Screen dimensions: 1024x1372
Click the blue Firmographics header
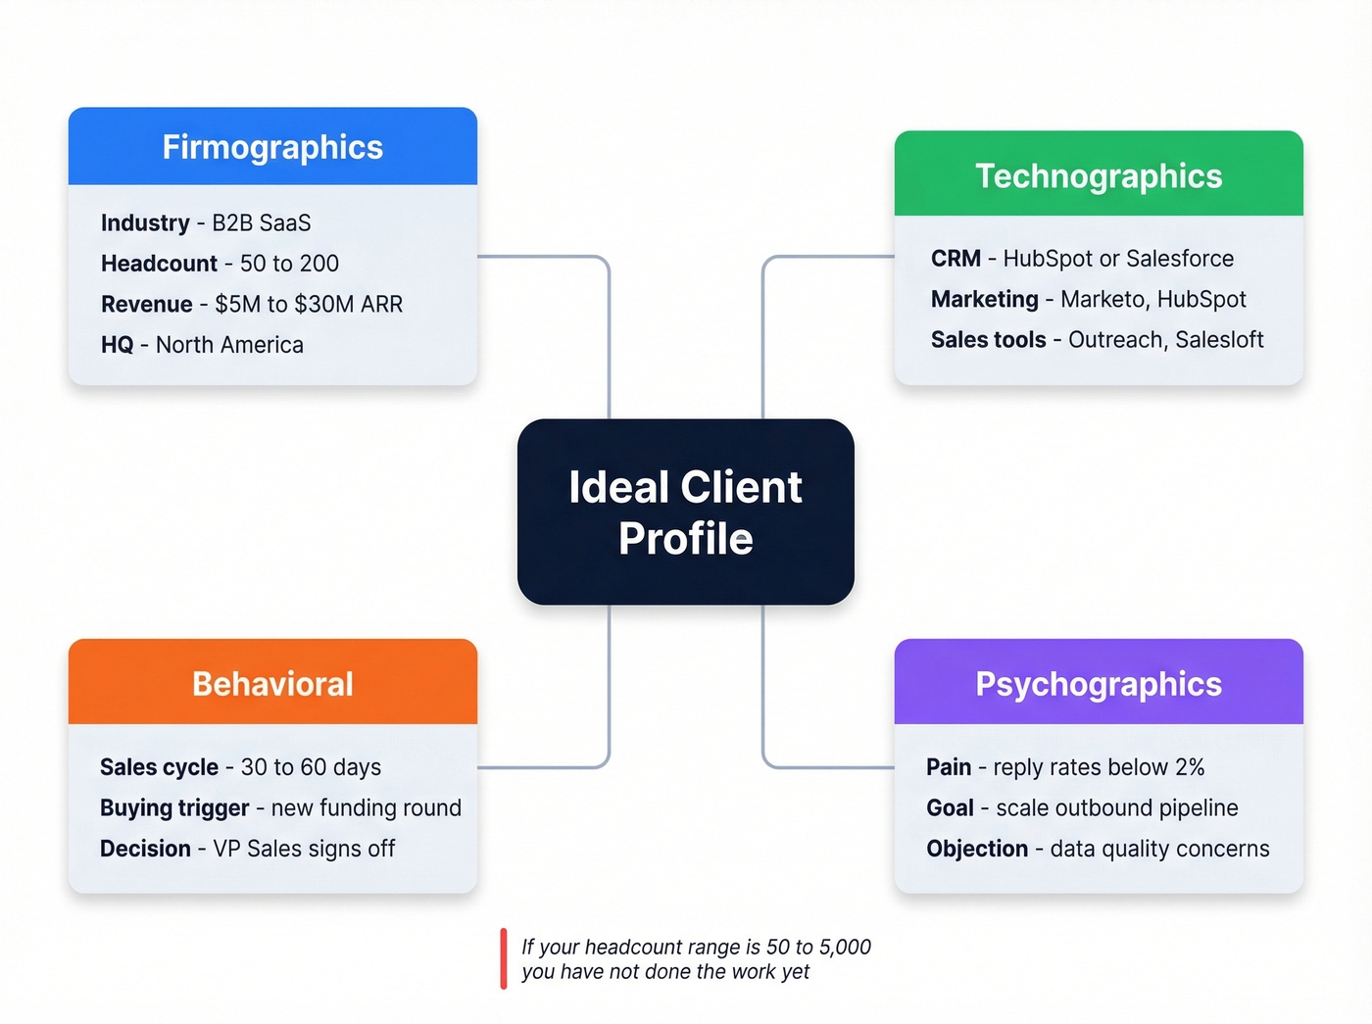(x=272, y=147)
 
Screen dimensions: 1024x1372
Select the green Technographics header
(x=1099, y=175)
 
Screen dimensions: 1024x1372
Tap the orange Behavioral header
(x=272, y=683)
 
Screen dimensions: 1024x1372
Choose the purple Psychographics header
(x=1099, y=683)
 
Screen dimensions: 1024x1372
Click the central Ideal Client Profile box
(x=685, y=512)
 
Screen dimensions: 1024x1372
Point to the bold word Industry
(x=145, y=222)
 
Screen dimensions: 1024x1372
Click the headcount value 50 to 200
(x=289, y=264)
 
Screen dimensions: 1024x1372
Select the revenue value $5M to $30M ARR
(x=309, y=304)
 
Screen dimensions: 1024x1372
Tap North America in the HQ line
(x=229, y=345)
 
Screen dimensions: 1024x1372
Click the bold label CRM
(x=955, y=259)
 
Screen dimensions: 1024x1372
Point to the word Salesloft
(x=1219, y=340)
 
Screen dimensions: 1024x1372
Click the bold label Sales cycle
(x=159, y=767)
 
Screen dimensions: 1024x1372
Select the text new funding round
(x=366, y=807)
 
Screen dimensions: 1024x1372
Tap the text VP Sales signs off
(x=304, y=849)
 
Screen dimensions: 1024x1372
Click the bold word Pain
(x=949, y=767)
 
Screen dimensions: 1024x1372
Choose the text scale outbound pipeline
(x=1116, y=807)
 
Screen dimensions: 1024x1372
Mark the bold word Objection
(x=977, y=849)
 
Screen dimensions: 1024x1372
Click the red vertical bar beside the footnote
(x=504, y=958)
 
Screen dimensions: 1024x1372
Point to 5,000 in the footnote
(x=845, y=947)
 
